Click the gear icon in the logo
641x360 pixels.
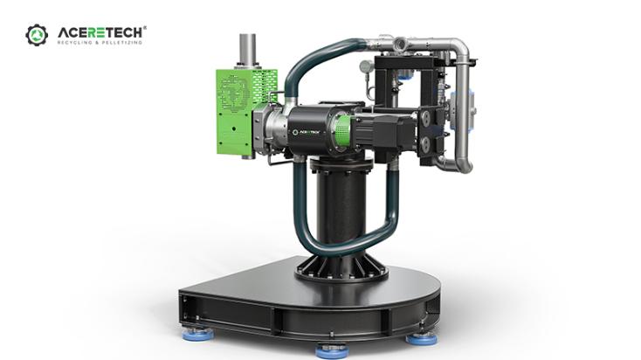tap(37, 35)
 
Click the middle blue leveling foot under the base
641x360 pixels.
tap(331, 350)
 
